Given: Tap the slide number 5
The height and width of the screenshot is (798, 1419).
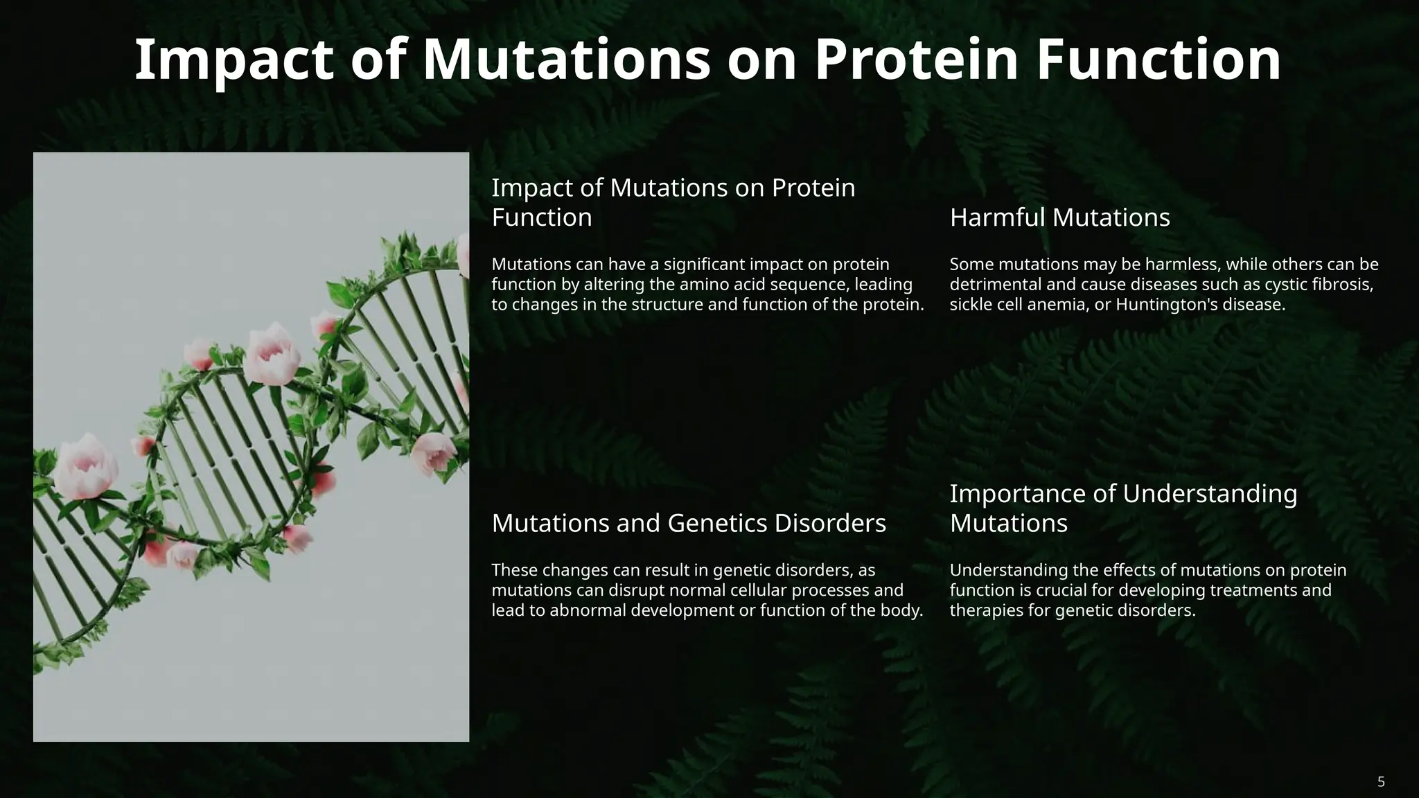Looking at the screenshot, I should (x=1381, y=782).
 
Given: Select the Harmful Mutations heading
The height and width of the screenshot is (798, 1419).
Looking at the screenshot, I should (x=1059, y=218).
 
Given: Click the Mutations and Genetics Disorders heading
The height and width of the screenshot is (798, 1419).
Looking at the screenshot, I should (x=689, y=523).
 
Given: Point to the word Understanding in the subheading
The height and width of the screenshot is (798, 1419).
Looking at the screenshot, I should (x=1209, y=493).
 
